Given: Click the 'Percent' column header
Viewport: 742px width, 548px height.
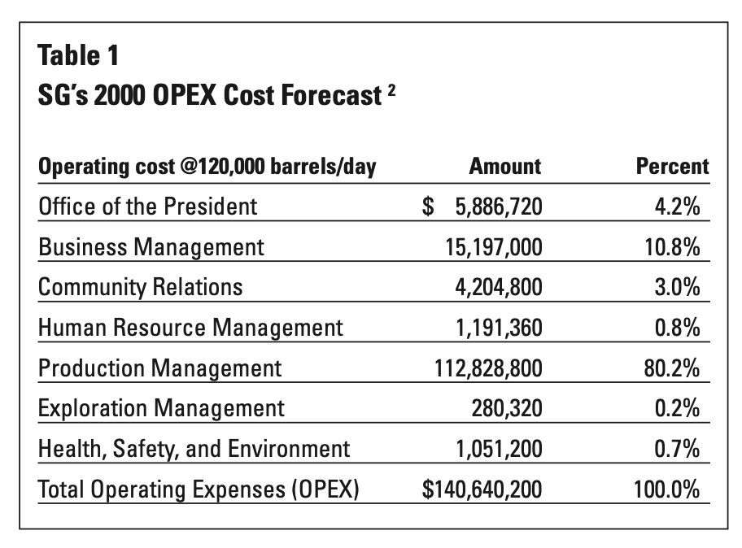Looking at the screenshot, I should point(671,167).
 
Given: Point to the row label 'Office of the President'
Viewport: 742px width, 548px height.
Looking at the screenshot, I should point(147,207).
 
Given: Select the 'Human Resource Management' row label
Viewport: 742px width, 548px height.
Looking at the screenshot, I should point(190,328).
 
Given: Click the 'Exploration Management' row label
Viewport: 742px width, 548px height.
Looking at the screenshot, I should point(161,408).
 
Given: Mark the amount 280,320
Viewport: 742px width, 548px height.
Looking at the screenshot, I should point(506,408).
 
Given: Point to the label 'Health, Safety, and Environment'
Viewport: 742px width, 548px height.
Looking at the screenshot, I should point(194,449).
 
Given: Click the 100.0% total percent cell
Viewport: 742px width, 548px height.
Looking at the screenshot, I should point(667,489).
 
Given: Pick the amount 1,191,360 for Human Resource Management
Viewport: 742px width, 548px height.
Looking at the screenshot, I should point(495,328).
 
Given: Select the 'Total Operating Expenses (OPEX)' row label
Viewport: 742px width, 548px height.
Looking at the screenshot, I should point(199,489).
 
